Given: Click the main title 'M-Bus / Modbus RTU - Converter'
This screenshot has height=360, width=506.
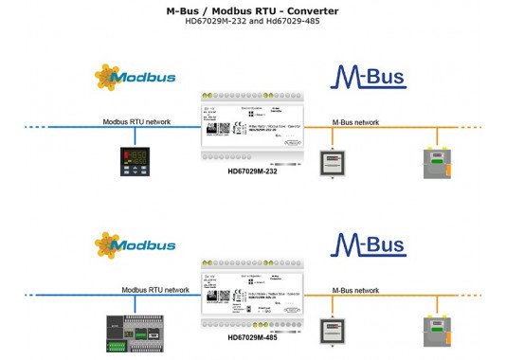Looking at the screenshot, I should (252, 10).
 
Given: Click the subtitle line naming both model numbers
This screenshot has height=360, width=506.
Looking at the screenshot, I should (252, 23).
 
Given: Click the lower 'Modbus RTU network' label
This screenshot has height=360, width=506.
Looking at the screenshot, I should (157, 291).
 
